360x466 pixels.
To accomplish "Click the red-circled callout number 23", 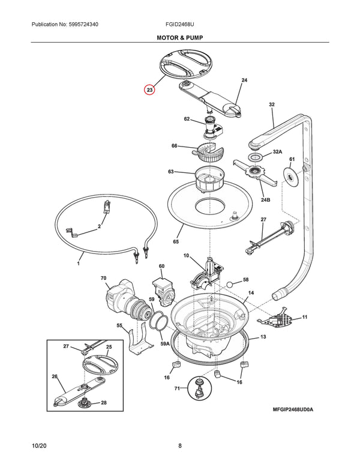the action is tap(149, 89).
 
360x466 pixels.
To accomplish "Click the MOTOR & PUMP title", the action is tap(180, 38).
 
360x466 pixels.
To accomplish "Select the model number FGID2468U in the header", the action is tap(180, 25).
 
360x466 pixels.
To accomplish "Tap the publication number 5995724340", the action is tap(83, 25).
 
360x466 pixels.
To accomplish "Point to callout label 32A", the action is tap(277, 151).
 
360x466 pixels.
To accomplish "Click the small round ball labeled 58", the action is tap(230, 284).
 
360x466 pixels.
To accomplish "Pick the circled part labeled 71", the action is tap(199, 388).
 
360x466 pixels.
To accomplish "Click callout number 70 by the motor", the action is tap(103, 278).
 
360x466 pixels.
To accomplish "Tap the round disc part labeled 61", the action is tap(291, 178).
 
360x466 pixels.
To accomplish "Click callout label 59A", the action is tap(165, 343).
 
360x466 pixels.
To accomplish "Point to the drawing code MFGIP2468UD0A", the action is tap(293, 410).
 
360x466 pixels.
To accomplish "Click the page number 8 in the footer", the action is tap(180, 446).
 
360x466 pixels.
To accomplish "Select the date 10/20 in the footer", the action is tap(39, 446).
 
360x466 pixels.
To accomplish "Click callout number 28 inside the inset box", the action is tap(104, 403).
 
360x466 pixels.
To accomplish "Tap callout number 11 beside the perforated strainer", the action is tap(305, 317).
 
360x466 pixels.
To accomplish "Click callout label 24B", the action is tap(266, 200).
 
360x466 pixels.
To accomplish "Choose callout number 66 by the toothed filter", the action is tap(175, 145).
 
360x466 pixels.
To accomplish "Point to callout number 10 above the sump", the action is tap(186, 256).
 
